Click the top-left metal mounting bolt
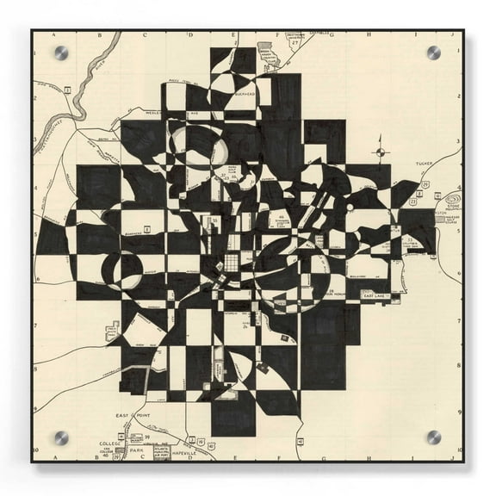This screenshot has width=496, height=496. (61, 53)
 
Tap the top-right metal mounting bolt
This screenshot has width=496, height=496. (433, 53)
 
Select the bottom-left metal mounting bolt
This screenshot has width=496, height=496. (61, 437)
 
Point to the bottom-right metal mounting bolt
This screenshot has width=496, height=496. (433, 437)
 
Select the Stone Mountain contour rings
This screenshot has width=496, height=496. (453, 197)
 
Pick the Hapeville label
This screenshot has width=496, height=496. (183, 452)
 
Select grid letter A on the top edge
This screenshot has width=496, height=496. (53, 36)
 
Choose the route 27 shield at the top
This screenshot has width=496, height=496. (294, 42)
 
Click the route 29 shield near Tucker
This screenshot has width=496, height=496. (426, 184)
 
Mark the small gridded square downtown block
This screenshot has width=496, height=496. (231, 263)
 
